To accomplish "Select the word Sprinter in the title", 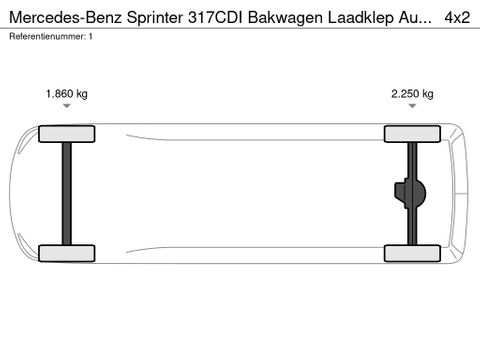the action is tap(155, 18).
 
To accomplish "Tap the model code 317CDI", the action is tap(216, 17).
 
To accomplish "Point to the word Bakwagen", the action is tap(286, 18).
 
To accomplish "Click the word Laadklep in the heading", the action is tap(361, 18).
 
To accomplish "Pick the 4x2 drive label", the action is tap(457, 17).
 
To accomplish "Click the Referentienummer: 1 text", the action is tap(51, 36).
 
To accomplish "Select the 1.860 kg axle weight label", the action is tap(67, 94).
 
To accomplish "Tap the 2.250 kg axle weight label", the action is tap(412, 94).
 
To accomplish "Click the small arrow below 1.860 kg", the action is tap(67, 106).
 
